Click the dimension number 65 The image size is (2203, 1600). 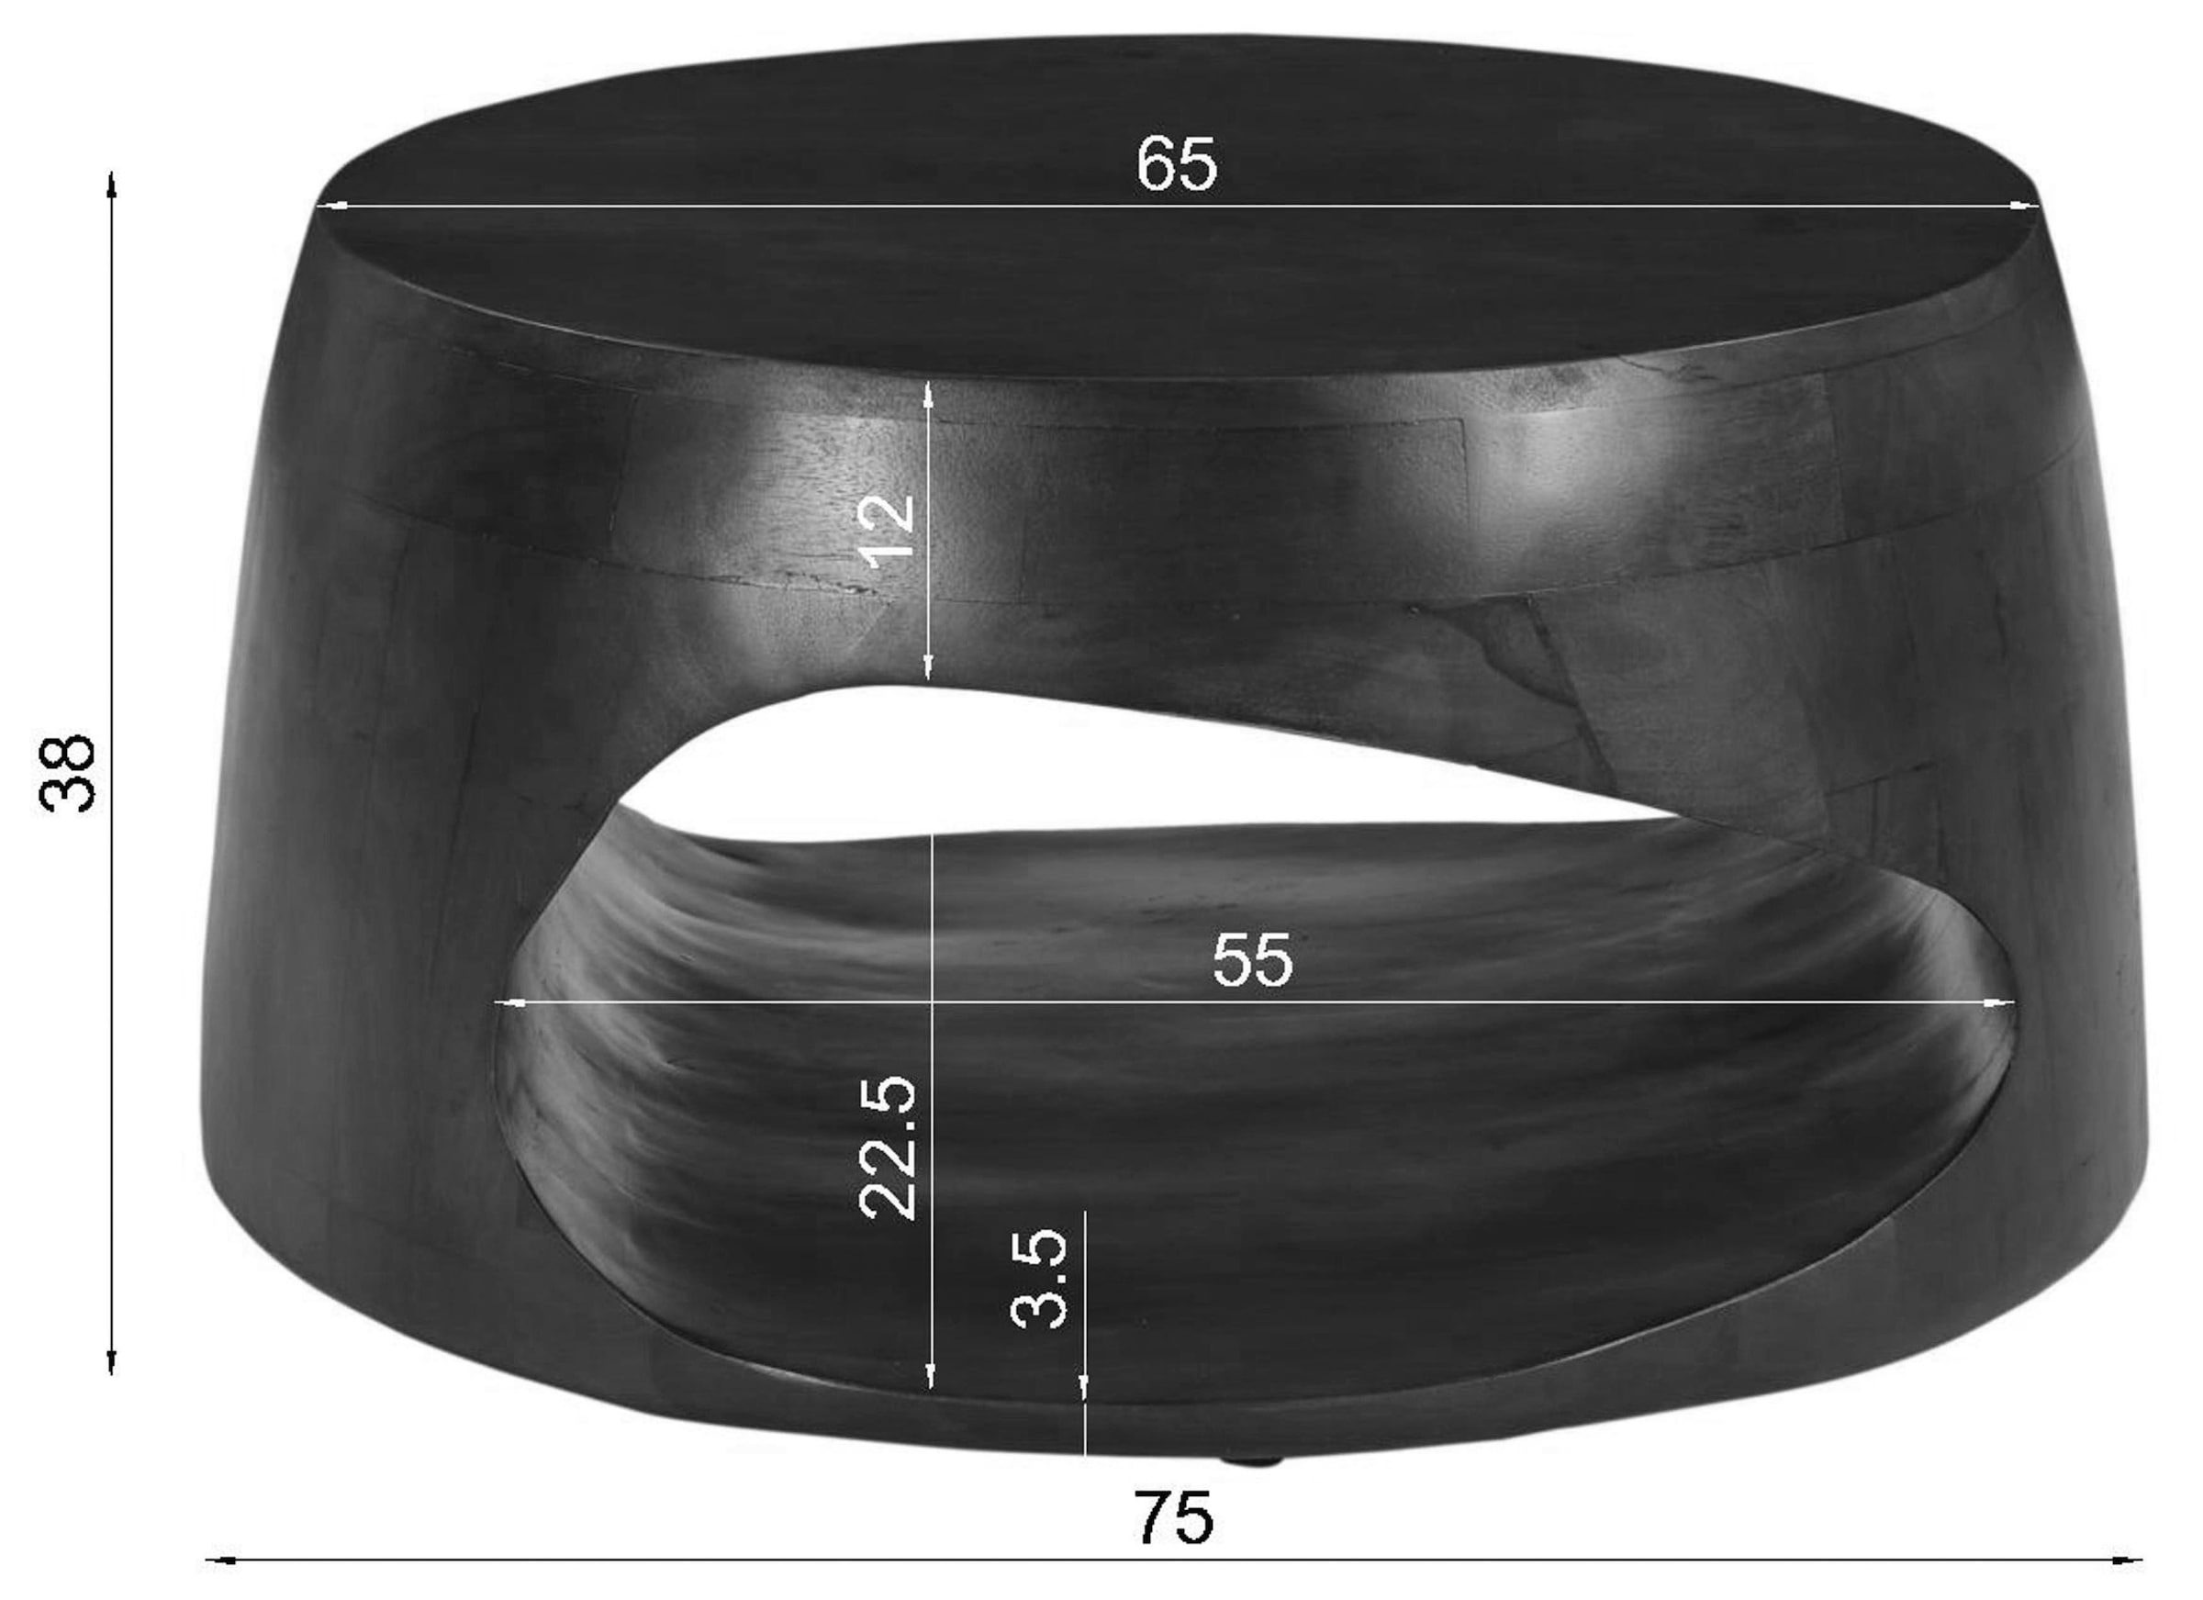tap(1175, 164)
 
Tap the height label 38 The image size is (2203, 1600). tap(68, 772)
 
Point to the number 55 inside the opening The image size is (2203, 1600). tap(1253, 960)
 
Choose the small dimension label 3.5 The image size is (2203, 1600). tap(1039, 1279)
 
